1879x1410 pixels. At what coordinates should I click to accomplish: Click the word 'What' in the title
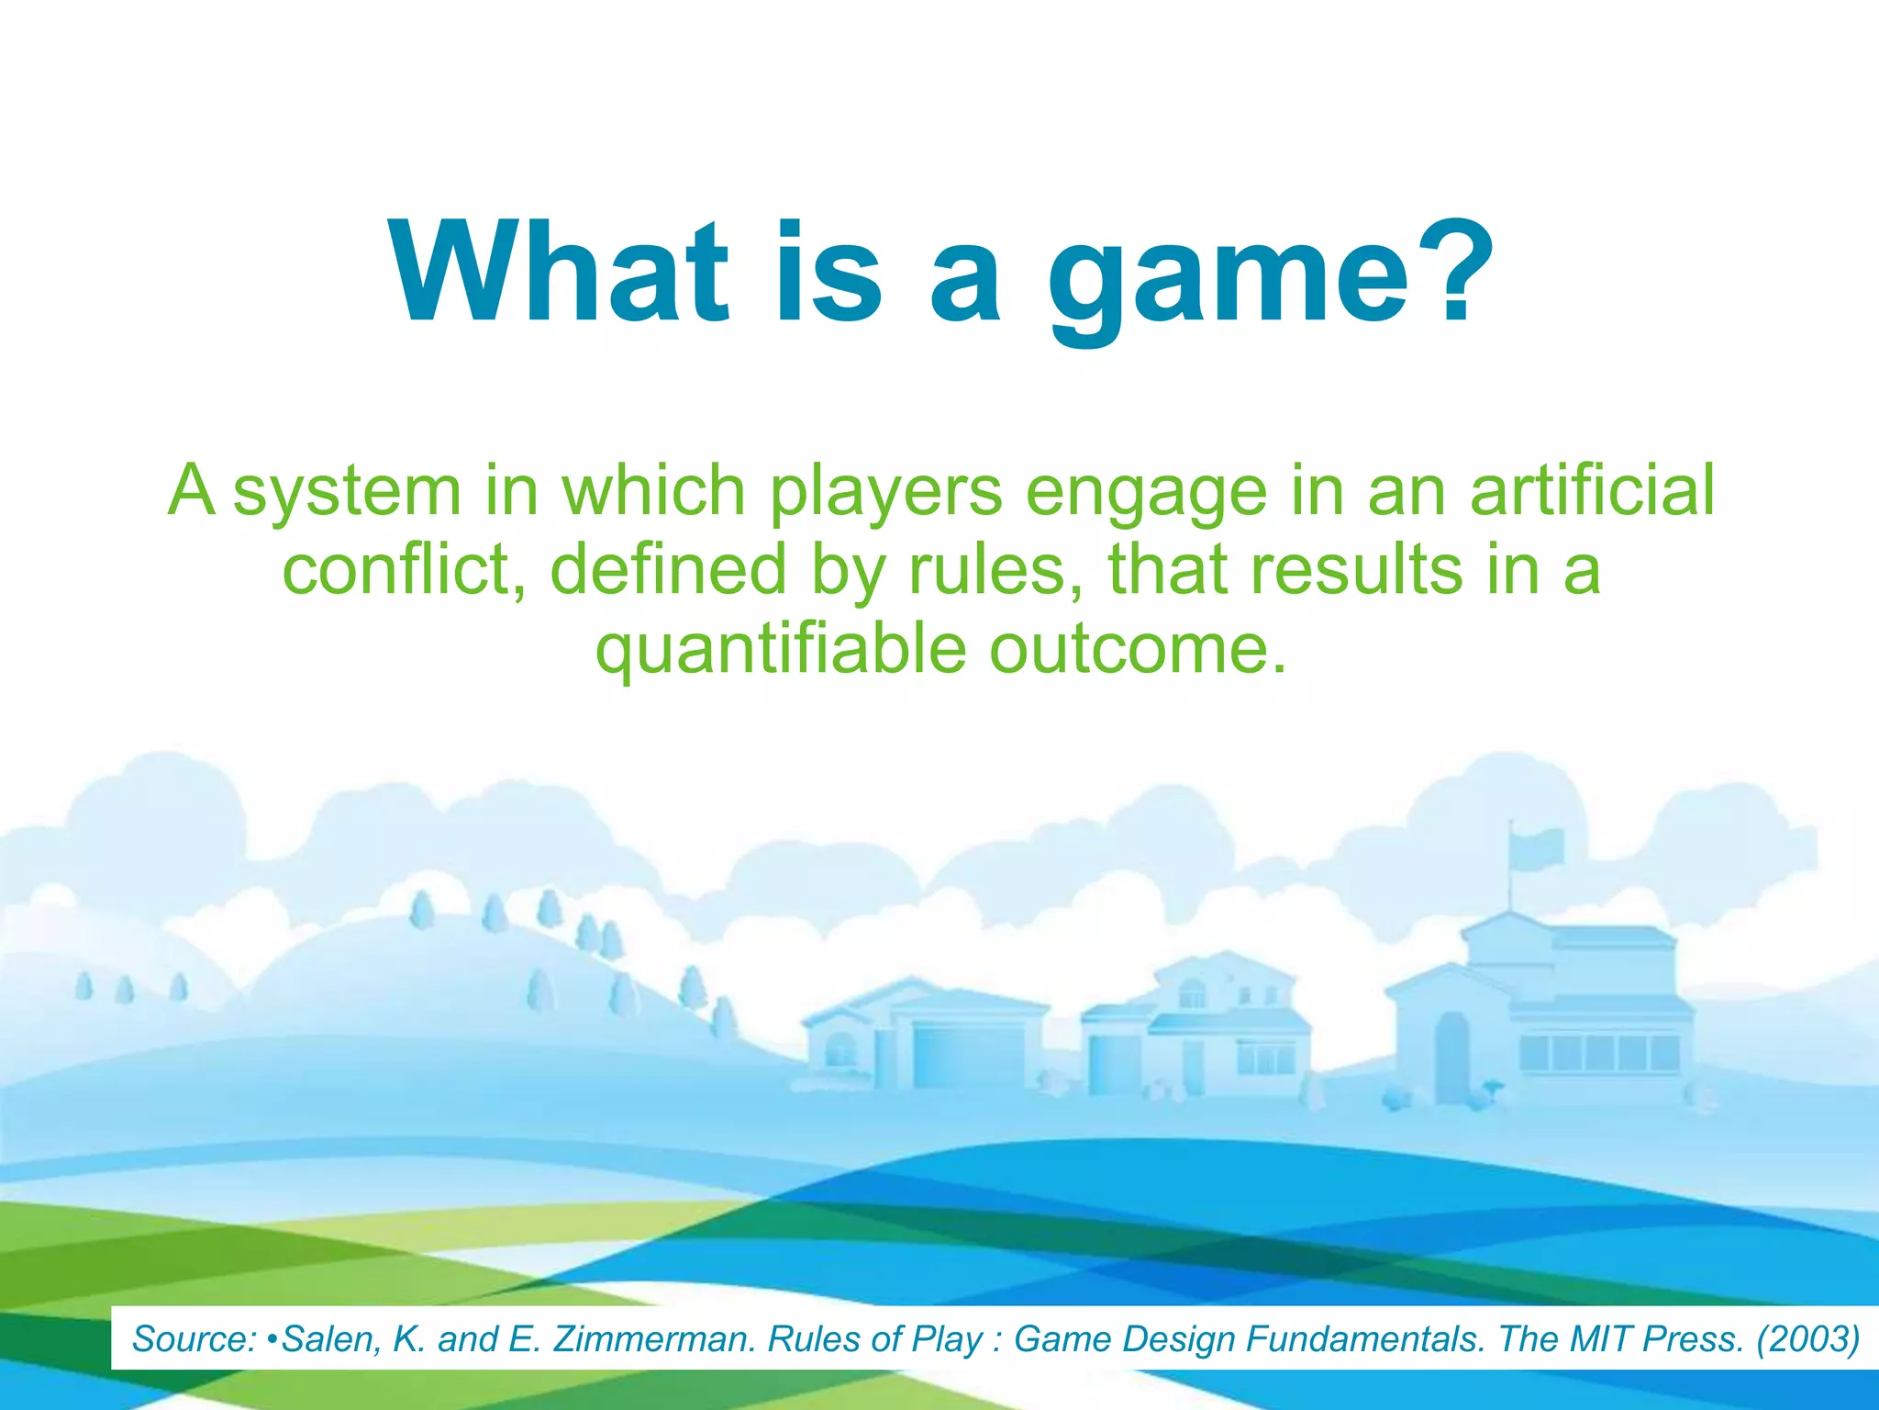point(560,273)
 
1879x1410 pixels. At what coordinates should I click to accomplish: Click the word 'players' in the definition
point(884,492)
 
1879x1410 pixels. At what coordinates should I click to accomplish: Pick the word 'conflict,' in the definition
point(404,569)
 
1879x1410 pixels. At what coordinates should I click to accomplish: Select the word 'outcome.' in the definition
point(1139,648)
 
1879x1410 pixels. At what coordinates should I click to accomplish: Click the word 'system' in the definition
point(347,492)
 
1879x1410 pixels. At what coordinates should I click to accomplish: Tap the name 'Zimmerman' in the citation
point(653,1339)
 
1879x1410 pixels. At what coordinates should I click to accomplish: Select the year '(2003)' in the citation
point(1807,1339)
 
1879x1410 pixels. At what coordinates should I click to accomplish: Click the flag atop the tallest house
point(1538,848)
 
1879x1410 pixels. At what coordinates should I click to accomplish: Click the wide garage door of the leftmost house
point(969,1056)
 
